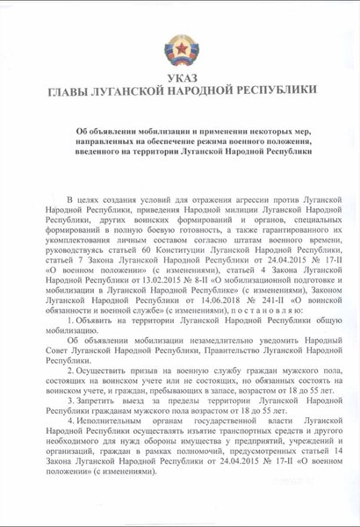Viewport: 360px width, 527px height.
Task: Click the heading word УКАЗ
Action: [180, 76]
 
